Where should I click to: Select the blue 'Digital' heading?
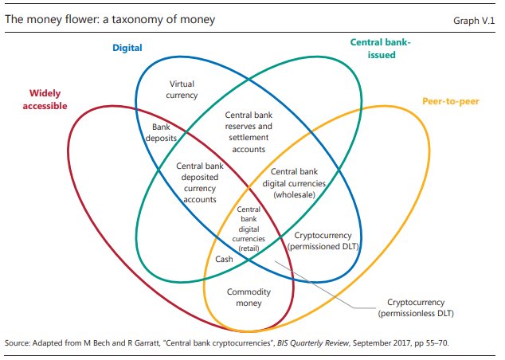click(127, 48)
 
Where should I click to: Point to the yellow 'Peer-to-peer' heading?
click(451, 102)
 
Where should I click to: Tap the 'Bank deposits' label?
click(165, 131)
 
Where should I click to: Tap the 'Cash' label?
click(225, 260)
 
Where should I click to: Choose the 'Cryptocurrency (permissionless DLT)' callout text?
click(420, 308)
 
